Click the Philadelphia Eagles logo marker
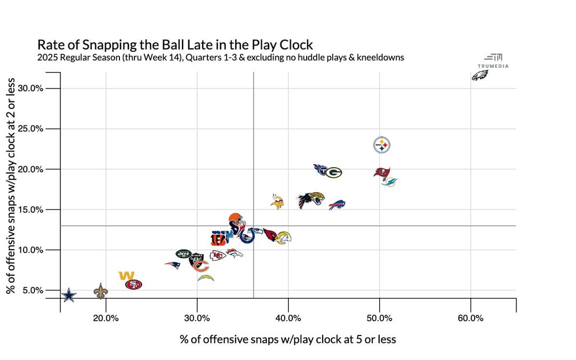tap(479, 76)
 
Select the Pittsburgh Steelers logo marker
tap(381, 145)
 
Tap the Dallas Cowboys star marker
tap(69, 295)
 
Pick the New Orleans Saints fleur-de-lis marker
tap(100, 291)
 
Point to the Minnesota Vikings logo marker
tap(277, 202)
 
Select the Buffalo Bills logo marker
tap(337, 205)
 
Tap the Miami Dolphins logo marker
tap(389, 182)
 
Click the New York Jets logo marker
tap(183, 254)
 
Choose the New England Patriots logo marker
tap(172, 265)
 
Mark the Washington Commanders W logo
tap(126, 276)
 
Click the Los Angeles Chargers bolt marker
tap(205, 278)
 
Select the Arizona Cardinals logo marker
tap(270, 235)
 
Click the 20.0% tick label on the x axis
tap(106, 318)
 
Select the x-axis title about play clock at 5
tap(288, 339)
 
